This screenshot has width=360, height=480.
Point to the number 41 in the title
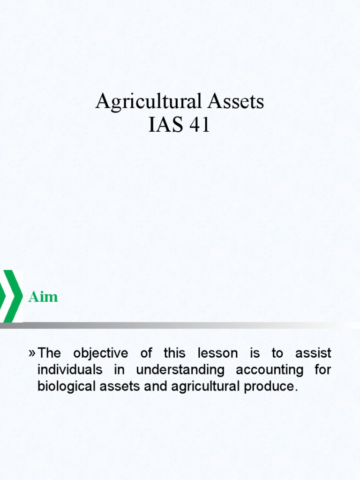pyautogui.click(x=199, y=126)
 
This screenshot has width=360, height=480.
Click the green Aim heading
pyautogui.click(x=43, y=297)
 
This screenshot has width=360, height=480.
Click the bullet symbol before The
pyautogui.click(x=32, y=352)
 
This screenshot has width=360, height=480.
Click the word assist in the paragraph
pyautogui.click(x=314, y=352)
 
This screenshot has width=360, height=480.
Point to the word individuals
pyautogui.click(x=70, y=369)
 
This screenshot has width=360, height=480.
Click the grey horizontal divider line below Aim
pyautogui.click(x=187, y=325)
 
